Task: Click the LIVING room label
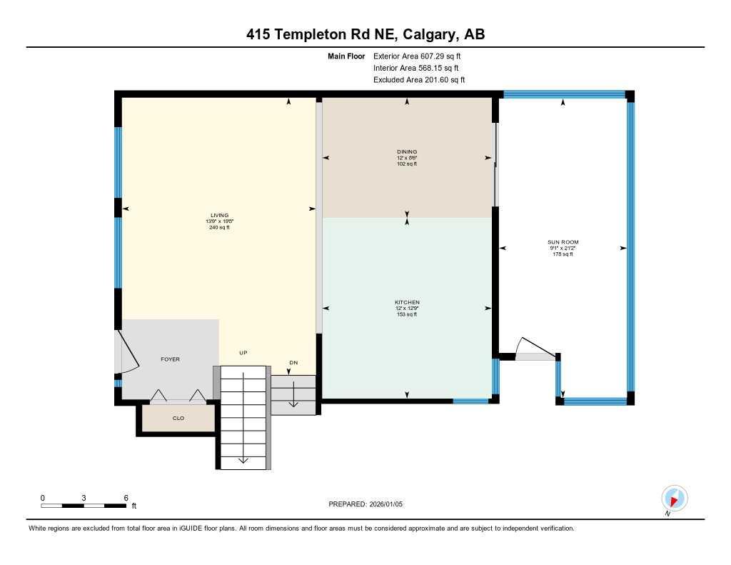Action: coord(219,215)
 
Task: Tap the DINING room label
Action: coord(407,151)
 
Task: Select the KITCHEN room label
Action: coord(407,302)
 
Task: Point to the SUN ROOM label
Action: coord(563,242)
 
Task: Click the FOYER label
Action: coord(170,359)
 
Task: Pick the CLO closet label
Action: coord(178,418)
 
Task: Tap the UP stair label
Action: coord(243,353)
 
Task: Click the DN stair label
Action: coord(293,363)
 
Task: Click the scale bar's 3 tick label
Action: coord(84,497)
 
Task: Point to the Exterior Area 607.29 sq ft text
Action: coord(422,56)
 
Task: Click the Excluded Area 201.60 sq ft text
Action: coord(419,80)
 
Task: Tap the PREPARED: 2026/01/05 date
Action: coord(370,504)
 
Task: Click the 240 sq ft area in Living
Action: coord(219,227)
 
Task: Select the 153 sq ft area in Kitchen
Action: coord(407,314)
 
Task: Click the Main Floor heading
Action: coord(346,56)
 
